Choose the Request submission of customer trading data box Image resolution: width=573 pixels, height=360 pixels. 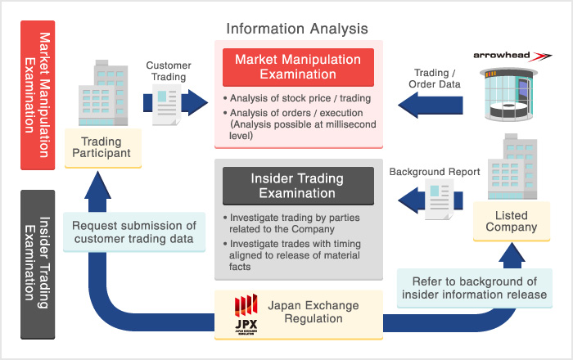[x=134, y=232]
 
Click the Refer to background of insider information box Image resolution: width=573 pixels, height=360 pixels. [x=474, y=289]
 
